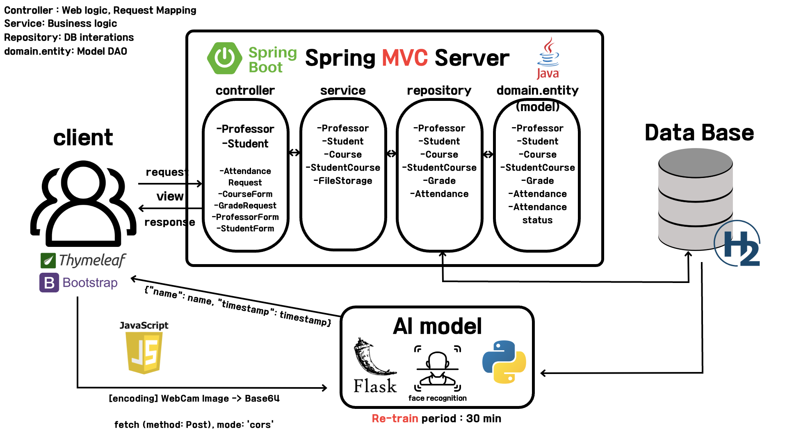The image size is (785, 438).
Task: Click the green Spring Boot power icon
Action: (x=224, y=58)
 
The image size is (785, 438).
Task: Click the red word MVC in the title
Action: (x=405, y=58)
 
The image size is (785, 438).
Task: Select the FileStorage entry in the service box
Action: (x=343, y=181)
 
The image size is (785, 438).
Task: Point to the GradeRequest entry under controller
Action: (x=245, y=205)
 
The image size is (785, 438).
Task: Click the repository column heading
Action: (x=439, y=90)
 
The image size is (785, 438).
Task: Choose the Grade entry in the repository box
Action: (x=439, y=181)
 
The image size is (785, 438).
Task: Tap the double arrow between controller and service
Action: (x=294, y=153)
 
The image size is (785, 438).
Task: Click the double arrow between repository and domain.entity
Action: (x=488, y=154)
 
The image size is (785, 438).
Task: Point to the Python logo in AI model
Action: (x=504, y=362)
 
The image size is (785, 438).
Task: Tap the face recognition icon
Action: (x=437, y=368)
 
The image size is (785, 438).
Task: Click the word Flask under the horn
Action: (x=375, y=386)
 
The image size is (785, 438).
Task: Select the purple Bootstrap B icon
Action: (x=49, y=283)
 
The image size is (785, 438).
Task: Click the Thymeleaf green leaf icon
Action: (x=48, y=260)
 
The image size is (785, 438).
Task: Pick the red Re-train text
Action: (x=395, y=419)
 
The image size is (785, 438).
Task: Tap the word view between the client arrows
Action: (x=170, y=196)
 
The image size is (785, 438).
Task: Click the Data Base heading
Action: (x=699, y=133)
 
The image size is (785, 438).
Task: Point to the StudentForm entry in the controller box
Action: (x=245, y=228)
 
